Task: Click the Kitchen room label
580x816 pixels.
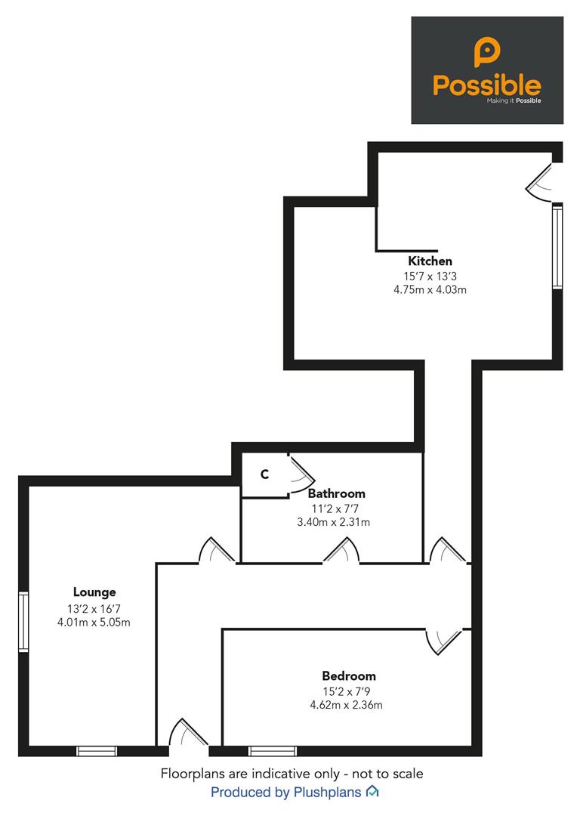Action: coord(430,261)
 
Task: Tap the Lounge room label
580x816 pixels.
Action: coord(94,592)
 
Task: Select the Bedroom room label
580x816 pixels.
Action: coord(348,676)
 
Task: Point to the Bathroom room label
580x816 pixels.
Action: coord(337,493)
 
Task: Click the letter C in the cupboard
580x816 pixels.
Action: coord(265,474)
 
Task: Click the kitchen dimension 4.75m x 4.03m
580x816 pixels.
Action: coord(430,290)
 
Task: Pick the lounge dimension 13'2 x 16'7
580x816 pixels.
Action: coord(94,608)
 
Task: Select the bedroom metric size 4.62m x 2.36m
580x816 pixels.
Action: coord(347,705)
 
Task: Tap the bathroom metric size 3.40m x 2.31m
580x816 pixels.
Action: coord(334,522)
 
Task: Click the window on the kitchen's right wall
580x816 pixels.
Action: coord(557,246)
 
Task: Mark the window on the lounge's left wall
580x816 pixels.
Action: coord(23,621)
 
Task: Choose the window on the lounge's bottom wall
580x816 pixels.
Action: coord(97,751)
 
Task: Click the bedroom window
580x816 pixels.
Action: coord(273,751)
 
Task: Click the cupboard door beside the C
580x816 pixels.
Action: coord(301,474)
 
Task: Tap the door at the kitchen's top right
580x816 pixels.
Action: coord(541,182)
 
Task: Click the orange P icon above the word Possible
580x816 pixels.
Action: coord(487,51)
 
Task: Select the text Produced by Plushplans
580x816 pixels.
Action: coord(285,793)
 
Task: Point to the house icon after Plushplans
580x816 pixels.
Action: coord(372,792)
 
